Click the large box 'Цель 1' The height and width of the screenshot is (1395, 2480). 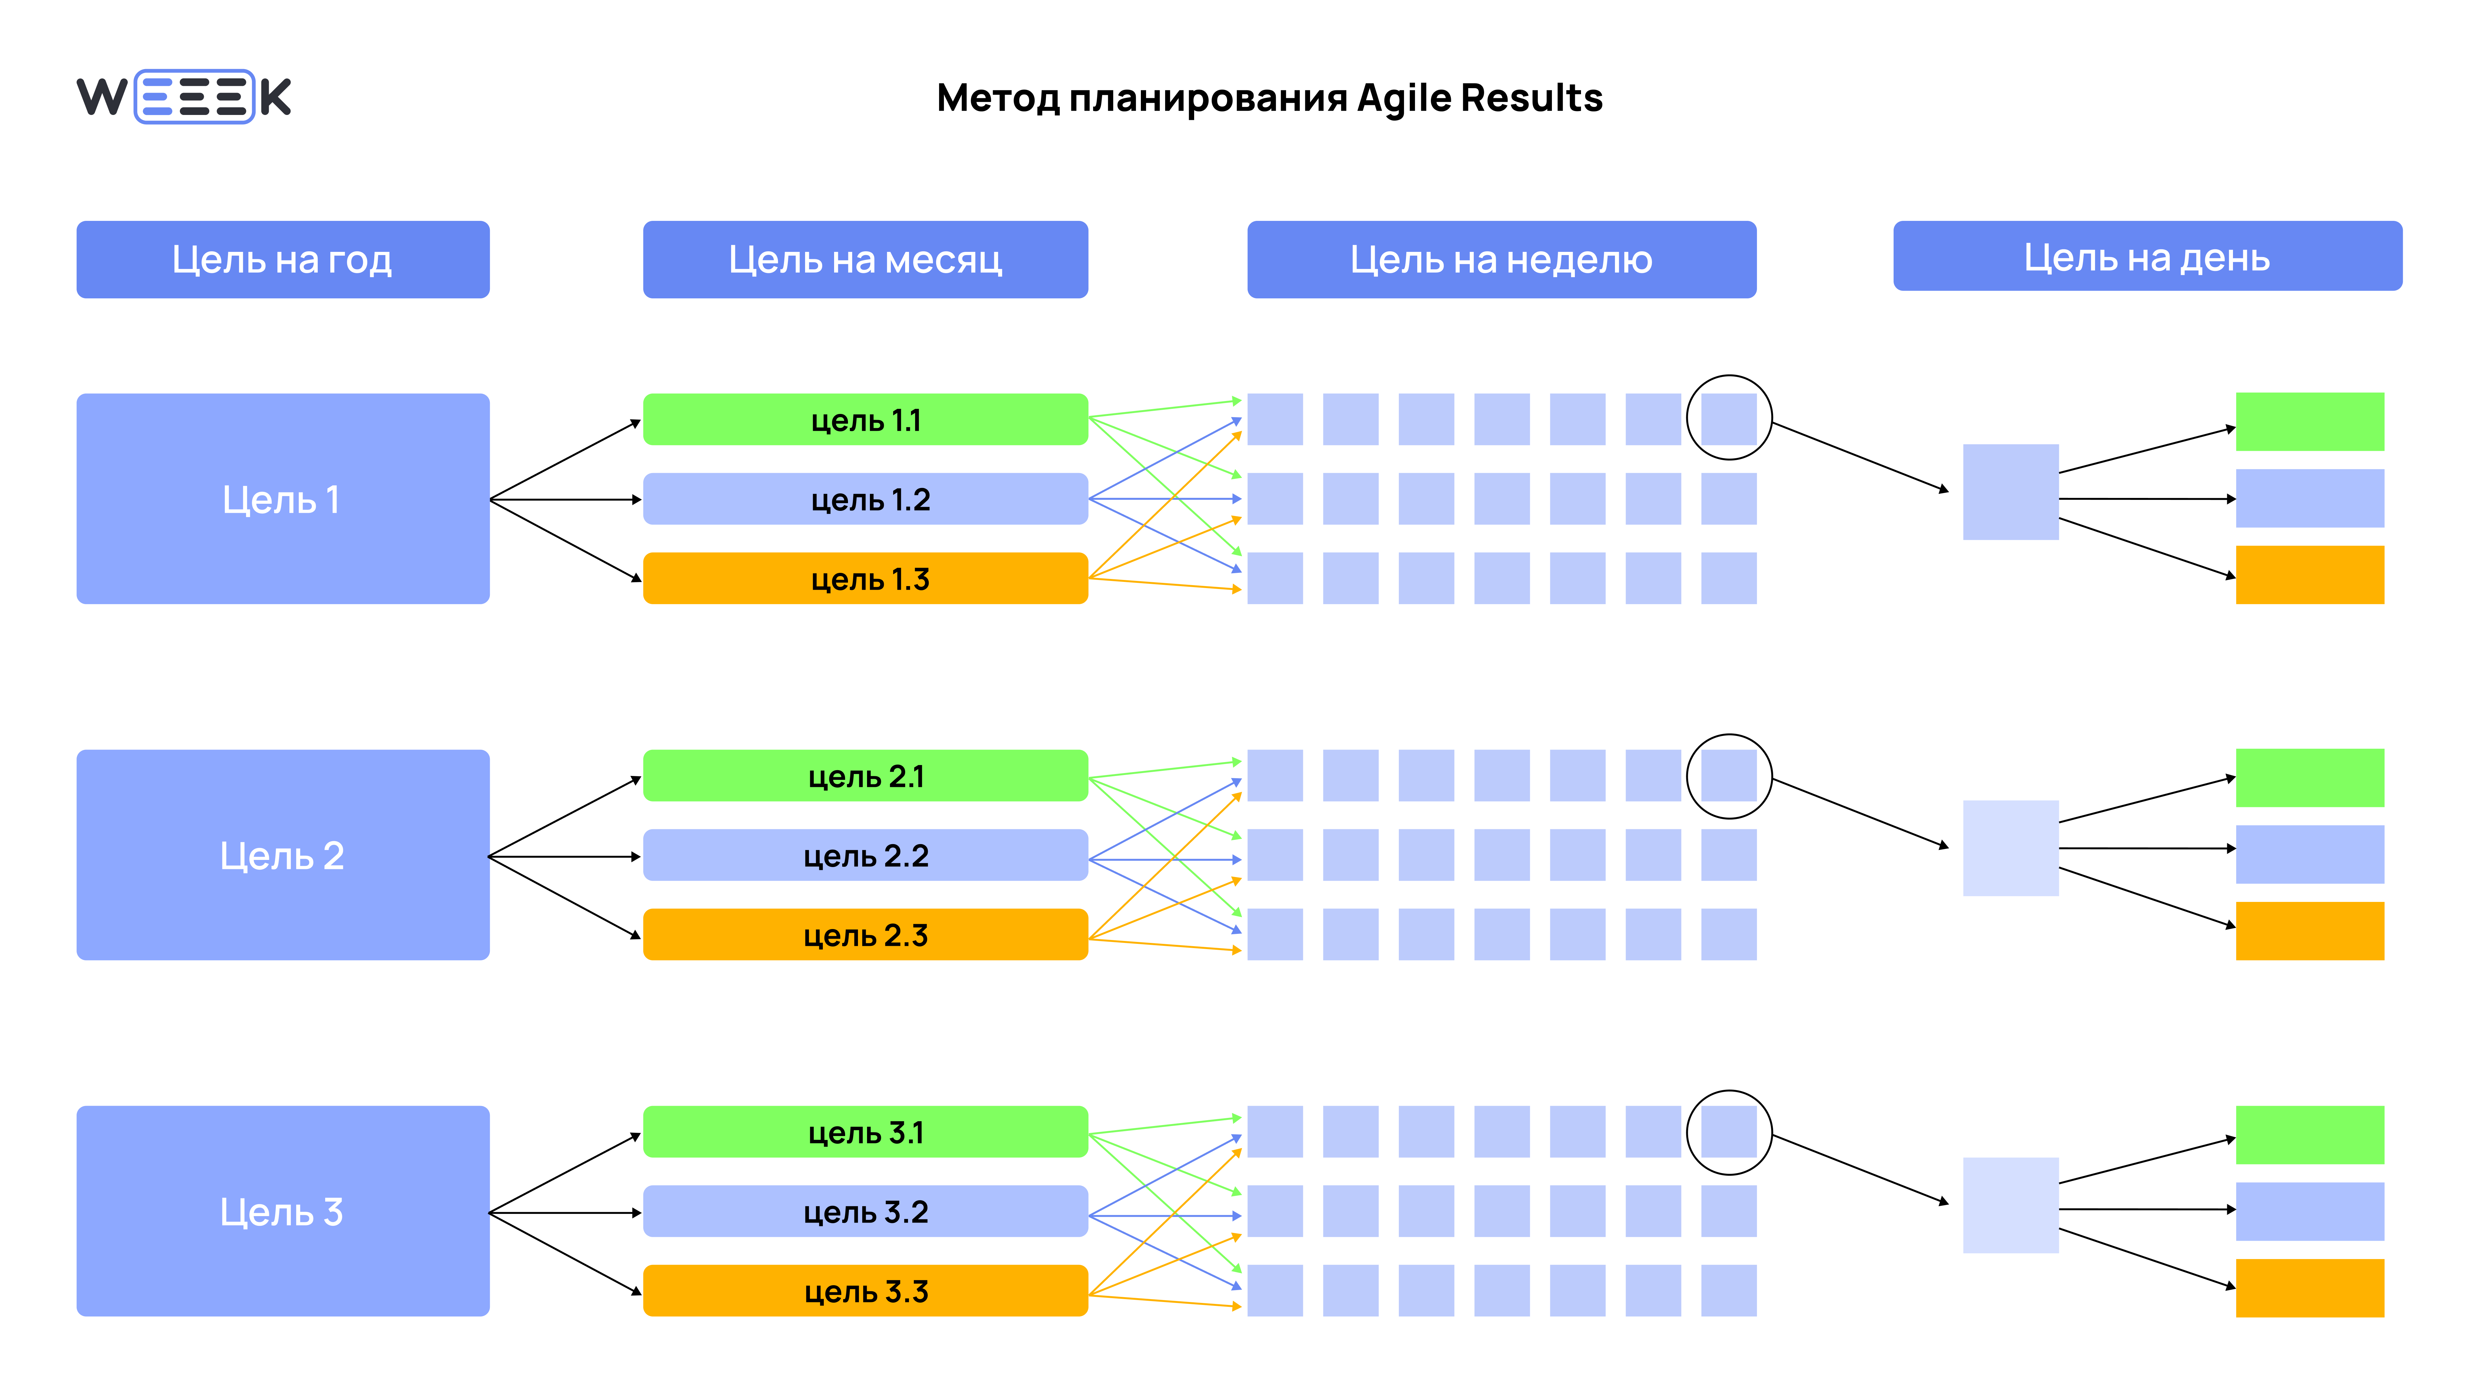point(283,499)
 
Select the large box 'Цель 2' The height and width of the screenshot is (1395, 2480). point(283,855)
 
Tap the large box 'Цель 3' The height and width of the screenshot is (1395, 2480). point(283,1211)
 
